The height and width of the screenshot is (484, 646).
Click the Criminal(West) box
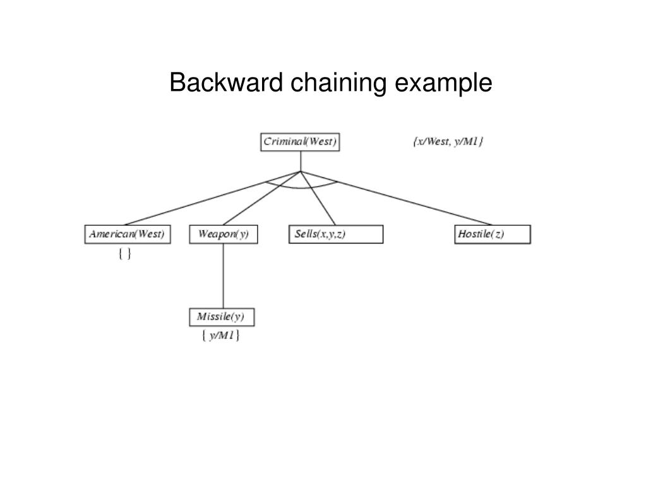coord(300,142)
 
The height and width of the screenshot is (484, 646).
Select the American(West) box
coord(127,235)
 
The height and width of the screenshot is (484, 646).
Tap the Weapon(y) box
coord(224,235)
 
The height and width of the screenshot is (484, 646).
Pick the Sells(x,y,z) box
coord(336,235)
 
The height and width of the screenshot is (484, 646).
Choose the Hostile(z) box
coord(493,235)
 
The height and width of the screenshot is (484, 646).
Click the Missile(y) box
coord(222,317)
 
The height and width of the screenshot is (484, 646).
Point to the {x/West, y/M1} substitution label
coord(448,142)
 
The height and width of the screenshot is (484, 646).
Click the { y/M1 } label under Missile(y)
coord(220,336)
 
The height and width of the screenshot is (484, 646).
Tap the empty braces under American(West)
coord(124,254)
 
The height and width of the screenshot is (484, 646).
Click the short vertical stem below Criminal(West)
coord(301,161)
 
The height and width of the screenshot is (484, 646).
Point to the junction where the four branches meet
coord(301,171)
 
